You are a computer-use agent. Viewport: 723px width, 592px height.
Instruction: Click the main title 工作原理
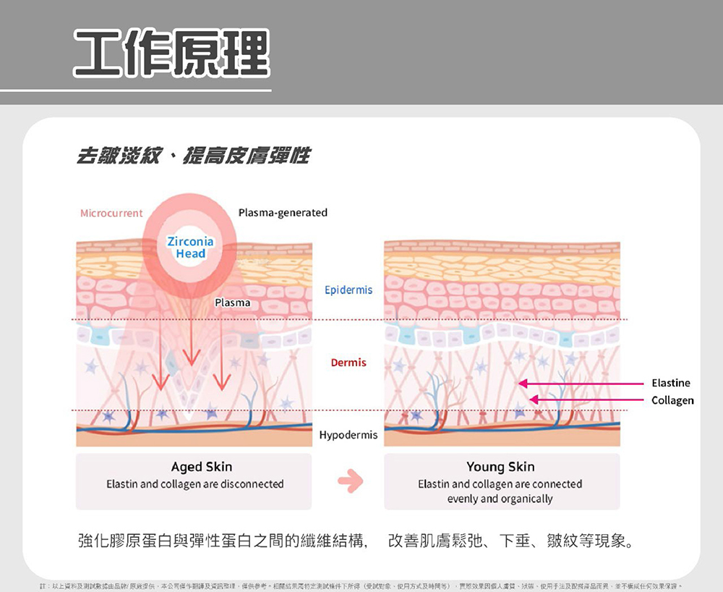click(171, 54)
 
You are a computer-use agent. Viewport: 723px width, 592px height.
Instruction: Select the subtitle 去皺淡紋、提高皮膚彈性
click(194, 155)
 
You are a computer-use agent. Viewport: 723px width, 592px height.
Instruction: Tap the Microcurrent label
click(111, 213)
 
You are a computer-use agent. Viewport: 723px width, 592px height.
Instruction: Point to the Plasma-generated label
click(283, 213)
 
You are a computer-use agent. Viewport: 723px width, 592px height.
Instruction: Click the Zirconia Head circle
click(190, 248)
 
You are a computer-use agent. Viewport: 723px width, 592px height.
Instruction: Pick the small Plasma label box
click(232, 303)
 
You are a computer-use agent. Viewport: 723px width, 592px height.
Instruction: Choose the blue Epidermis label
click(348, 290)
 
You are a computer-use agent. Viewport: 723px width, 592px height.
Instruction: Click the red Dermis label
click(348, 363)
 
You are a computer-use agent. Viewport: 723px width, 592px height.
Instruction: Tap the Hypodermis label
click(348, 435)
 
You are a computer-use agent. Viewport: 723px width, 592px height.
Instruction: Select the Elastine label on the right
click(670, 383)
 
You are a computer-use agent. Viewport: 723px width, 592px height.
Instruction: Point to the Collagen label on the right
click(672, 400)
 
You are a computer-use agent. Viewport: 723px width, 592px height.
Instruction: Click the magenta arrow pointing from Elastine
click(578, 383)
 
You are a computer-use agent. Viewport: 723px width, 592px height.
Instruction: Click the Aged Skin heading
click(202, 467)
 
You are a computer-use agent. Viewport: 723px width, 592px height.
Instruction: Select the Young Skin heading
click(500, 467)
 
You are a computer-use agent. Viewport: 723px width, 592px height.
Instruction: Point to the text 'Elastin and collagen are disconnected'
click(195, 484)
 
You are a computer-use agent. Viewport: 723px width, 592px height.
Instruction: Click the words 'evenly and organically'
click(500, 499)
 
